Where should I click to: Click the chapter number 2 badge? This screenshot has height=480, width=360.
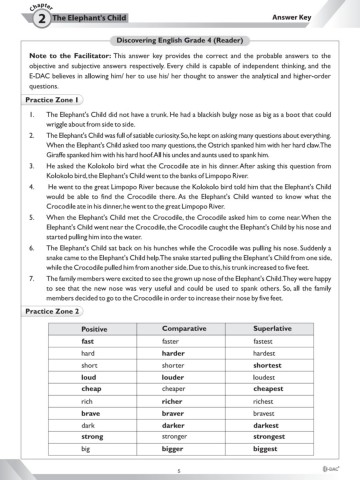pos(17,19)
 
